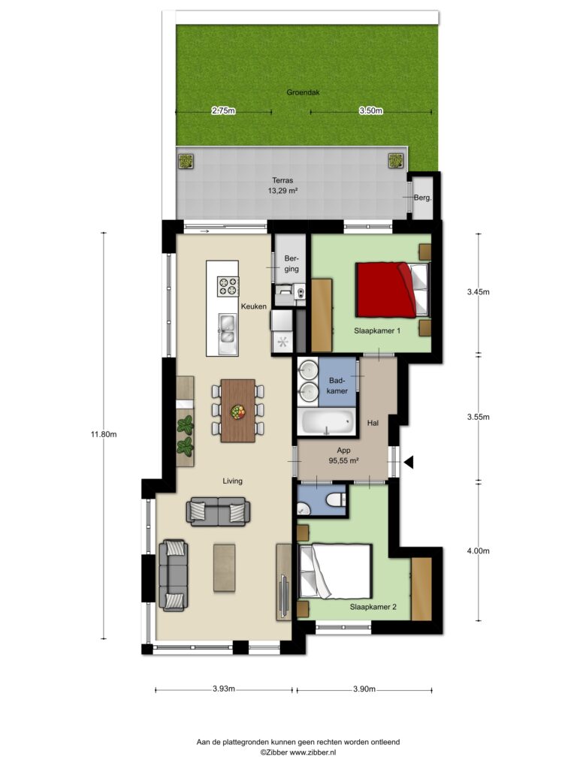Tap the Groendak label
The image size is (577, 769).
(x=304, y=92)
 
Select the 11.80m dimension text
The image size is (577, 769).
(x=104, y=434)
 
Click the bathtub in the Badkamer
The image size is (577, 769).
(x=326, y=422)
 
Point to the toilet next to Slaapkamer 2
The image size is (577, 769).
(x=337, y=499)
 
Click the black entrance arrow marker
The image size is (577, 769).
(x=408, y=462)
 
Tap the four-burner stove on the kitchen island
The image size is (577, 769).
(x=228, y=286)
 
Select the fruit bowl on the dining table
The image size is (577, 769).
(x=238, y=412)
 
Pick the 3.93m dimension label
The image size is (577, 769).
(x=224, y=689)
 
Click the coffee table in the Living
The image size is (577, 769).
(x=224, y=568)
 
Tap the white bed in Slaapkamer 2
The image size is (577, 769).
(x=334, y=571)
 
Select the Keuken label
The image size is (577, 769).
(x=254, y=306)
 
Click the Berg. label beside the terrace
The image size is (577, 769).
(x=422, y=198)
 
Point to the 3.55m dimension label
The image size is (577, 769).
(x=478, y=417)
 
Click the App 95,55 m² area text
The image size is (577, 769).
(x=343, y=456)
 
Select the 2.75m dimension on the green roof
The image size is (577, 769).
(x=223, y=111)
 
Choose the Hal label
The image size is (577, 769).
(x=373, y=423)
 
